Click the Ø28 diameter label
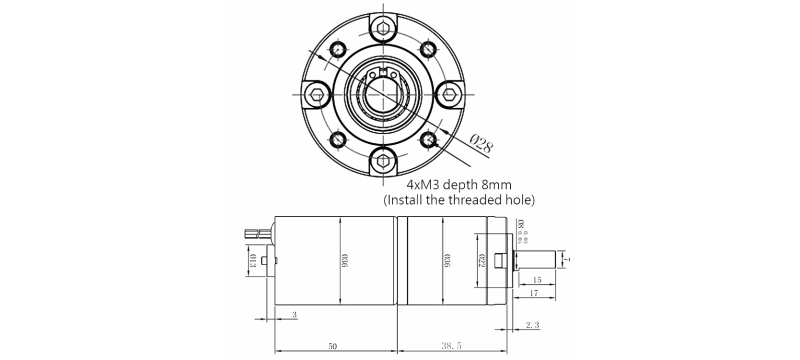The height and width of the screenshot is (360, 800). click(481, 145)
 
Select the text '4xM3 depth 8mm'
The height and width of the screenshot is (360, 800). click(461, 185)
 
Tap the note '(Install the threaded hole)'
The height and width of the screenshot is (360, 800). click(460, 201)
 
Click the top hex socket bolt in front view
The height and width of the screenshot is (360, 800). click(385, 25)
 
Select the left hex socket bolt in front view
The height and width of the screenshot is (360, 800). click(316, 95)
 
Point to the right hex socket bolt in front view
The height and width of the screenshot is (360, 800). click(454, 95)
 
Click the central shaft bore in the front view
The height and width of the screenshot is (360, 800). click(385, 95)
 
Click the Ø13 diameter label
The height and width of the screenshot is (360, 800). click(251, 262)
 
